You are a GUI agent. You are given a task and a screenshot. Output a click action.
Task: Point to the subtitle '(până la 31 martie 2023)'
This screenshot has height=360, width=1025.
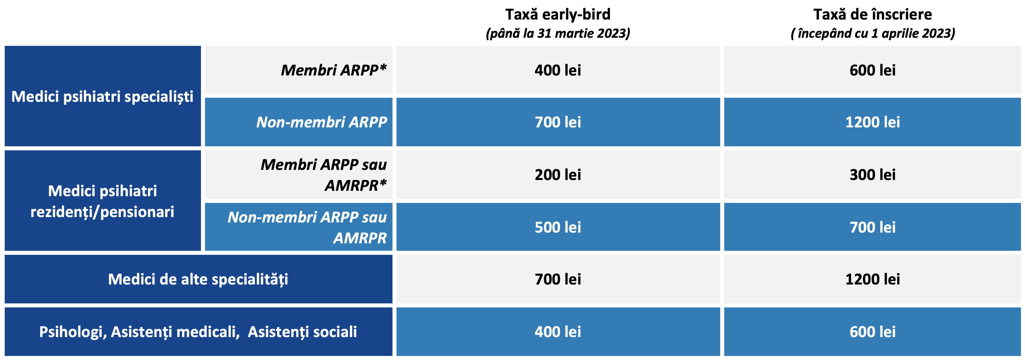click(x=558, y=33)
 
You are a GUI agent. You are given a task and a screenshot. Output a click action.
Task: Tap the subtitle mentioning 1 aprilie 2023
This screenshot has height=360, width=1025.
click(x=873, y=33)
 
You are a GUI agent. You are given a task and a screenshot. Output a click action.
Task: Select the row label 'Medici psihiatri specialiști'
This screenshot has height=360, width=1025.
click(x=102, y=97)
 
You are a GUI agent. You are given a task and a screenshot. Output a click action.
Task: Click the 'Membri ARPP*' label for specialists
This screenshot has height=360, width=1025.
click(x=334, y=70)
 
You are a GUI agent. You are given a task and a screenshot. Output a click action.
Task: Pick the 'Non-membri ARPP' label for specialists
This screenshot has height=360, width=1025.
click(x=322, y=122)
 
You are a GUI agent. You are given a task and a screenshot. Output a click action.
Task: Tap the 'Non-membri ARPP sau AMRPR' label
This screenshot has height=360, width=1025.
click(x=307, y=227)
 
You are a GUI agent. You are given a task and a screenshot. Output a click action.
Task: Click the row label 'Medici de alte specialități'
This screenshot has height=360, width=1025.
click(x=198, y=279)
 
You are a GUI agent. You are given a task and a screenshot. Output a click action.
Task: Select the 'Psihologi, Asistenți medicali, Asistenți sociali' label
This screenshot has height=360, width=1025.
click(x=198, y=332)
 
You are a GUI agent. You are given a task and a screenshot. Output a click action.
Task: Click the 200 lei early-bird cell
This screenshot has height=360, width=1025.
click(x=558, y=175)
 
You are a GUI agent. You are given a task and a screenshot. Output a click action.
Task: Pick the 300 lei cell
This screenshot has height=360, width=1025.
click(x=873, y=175)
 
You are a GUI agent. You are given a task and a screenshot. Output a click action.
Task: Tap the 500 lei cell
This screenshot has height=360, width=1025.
click(x=558, y=227)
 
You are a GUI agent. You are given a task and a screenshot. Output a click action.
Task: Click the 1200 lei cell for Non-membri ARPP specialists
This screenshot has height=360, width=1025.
click(x=873, y=122)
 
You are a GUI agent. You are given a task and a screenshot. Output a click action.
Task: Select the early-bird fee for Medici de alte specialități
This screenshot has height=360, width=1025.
click(x=558, y=279)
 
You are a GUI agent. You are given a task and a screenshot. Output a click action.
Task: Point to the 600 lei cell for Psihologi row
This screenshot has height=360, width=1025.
click(x=873, y=332)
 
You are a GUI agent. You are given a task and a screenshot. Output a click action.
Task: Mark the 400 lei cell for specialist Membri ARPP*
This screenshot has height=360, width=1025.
click(x=558, y=70)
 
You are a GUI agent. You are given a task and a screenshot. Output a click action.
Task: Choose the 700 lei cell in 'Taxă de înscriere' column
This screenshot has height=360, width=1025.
click(x=873, y=227)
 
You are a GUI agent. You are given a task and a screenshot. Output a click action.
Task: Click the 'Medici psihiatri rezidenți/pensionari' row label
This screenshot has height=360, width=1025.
click(x=102, y=201)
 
